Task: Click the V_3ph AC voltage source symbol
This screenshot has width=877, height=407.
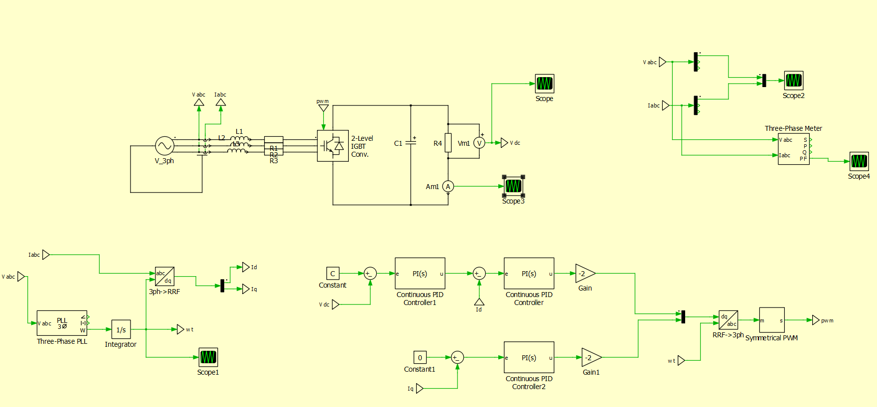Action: click(x=164, y=146)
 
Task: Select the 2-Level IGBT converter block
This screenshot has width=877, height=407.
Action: click(x=332, y=146)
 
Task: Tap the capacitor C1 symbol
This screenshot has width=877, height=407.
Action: click(x=411, y=143)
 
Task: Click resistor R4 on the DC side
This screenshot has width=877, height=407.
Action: click(x=448, y=143)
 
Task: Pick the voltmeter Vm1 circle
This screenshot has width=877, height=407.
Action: click(x=479, y=143)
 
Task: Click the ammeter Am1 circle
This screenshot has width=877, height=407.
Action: click(x=448, y=187)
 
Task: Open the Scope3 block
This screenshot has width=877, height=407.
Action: click(x=513, y=186)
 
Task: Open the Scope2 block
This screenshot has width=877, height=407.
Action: click(x=793, y=80)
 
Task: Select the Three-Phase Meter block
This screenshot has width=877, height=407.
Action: click(x=793, y=149)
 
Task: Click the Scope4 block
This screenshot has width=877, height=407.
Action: click(x=859, y=161)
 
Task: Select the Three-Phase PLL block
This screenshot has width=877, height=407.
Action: click(x=62, y=323)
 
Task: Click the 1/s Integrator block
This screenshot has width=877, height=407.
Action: click(x=121, y=329)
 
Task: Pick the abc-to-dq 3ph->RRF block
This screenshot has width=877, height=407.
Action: click(x=164, y=277)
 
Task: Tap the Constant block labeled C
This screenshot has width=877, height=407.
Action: click(x=333, y=273)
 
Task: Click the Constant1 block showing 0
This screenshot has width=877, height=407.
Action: click(x=420, y=357)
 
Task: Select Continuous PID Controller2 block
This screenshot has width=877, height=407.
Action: click(x=529, y=357)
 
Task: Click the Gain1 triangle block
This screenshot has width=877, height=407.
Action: click(x=591, y=357)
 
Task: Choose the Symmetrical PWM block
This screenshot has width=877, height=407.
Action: click(x=771, y=320)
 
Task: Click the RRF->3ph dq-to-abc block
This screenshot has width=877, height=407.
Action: click(x=728, y=320)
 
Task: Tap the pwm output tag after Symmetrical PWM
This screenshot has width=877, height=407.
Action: click(x=816, y=320)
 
